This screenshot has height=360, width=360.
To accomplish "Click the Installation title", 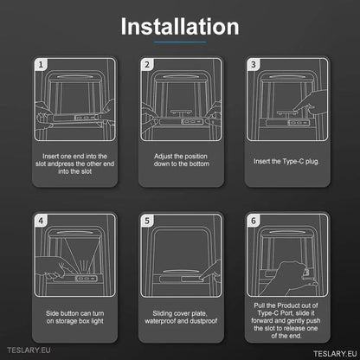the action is click(x=180, y=27).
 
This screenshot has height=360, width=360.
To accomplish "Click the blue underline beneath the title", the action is click(x=180, y=42).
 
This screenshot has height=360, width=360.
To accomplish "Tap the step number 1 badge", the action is click(x=41, y=65).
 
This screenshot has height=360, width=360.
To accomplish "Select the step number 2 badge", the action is click(x=147, y=65).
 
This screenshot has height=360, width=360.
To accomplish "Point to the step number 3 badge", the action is click(x=254, y=65).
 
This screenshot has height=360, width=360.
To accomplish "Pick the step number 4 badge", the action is click(x=41, y=221).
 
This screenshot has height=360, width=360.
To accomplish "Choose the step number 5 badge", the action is click(x=147, y=221).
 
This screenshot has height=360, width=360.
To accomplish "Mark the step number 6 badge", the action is click(x=254, y=221).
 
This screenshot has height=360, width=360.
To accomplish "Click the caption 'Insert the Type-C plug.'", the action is click(x=286, y=162).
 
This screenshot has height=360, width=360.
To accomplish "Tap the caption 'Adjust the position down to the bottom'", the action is click(x=181, y=160).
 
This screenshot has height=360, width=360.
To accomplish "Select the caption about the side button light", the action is click(x=74, y=318).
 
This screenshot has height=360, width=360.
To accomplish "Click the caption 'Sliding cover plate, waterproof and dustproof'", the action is click(x=181, y=318).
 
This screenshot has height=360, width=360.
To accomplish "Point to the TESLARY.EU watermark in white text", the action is click(x=335, y=354).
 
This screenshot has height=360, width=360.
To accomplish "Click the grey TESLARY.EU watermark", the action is click(x=29, y=350).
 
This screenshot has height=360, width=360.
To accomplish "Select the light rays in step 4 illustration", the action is click(x=83, y=266).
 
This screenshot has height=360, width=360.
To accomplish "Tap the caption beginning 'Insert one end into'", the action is click(x=74, y=164).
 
